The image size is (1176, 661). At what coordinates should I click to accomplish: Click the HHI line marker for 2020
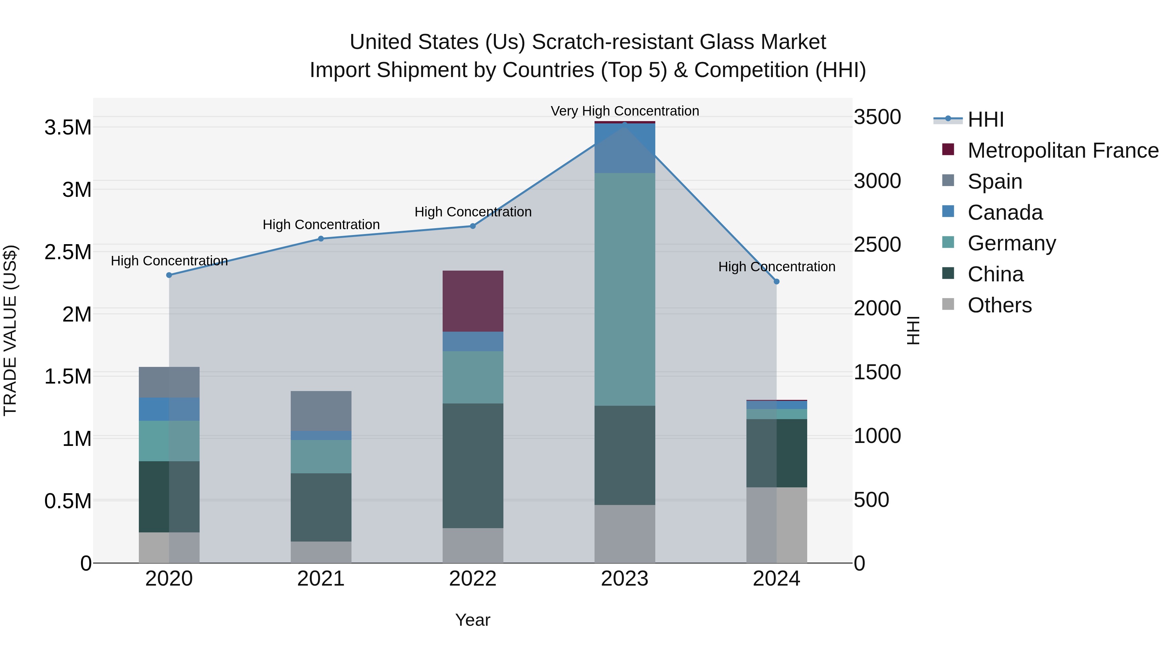click(169, 275)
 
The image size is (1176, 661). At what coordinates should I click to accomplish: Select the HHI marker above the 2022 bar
click(473, 226)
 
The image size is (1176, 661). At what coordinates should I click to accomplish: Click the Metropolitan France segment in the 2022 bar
click(473, 301)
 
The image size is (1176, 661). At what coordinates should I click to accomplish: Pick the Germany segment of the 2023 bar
click(625, 289)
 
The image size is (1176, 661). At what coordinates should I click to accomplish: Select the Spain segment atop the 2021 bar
click(321, 411)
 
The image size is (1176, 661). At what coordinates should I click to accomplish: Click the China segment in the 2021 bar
click(321, 507)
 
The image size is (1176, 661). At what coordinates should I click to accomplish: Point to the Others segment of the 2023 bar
click(625, 534)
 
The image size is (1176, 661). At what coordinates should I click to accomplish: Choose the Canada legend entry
click(1004, 212)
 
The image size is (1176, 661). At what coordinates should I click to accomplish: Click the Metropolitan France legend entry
click(1062, 150)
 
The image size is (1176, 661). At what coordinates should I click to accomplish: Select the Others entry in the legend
click(999, 305)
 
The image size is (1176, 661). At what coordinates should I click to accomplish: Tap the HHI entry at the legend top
click(985, 119)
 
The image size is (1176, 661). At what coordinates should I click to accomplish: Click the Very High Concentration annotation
click(625, 111)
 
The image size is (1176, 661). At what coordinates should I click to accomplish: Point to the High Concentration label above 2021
click(321, 225)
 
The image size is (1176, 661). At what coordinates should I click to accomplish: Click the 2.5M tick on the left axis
click(68, 252)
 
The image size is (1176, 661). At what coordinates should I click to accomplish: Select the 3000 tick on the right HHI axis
click(877, 181)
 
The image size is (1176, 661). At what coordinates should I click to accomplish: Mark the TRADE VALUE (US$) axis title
click(10, 330)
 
